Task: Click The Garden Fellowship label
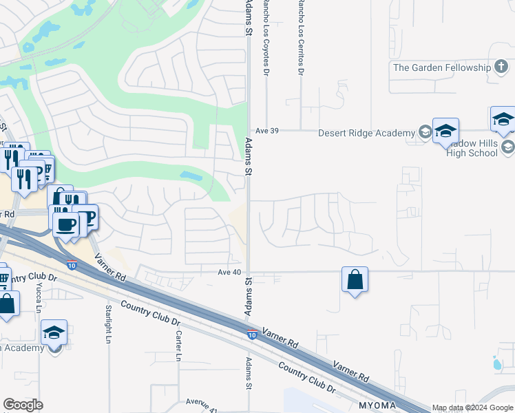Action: pos(441,67)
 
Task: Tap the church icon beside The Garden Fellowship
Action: pos(502,67)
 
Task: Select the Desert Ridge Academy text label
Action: pos(367,133)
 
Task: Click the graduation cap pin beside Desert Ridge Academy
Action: pos(446,131)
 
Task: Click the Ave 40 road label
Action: pos(230,272)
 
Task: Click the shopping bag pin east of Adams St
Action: pos(355,280)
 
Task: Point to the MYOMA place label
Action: pos(377,405)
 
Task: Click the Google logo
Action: pos(23,405)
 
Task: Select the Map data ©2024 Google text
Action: pos(472,407)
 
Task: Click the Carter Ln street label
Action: pos(178,346)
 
